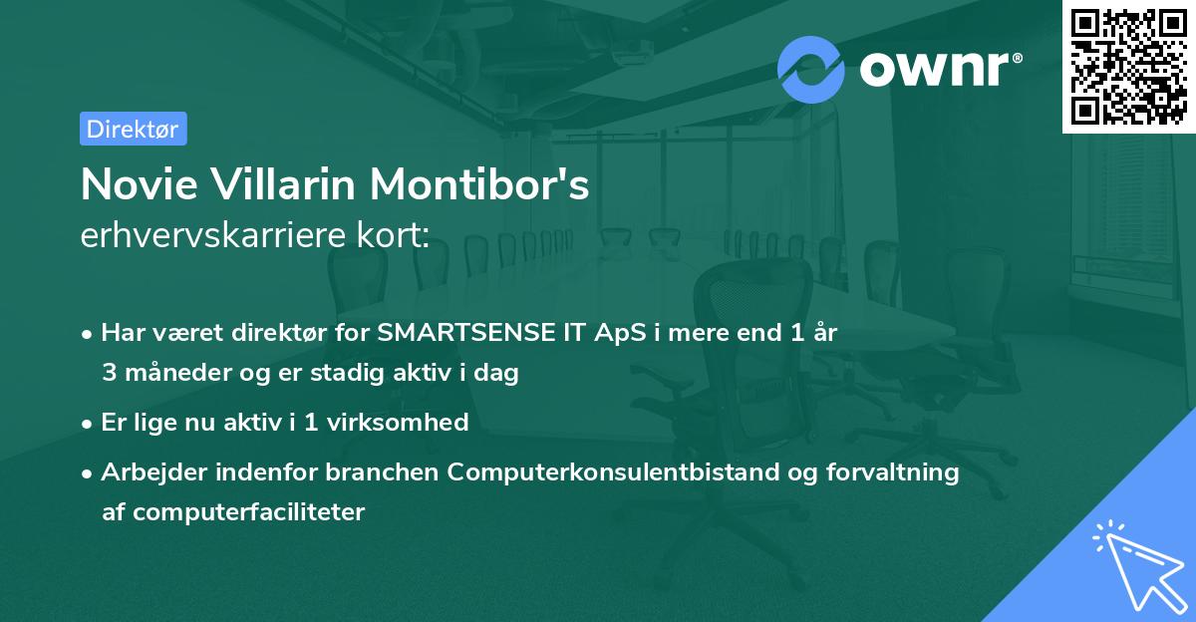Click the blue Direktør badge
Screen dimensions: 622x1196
(133, 129)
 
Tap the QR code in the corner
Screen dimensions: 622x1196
(1128, 66)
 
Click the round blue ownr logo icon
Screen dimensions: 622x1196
(811, 69)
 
